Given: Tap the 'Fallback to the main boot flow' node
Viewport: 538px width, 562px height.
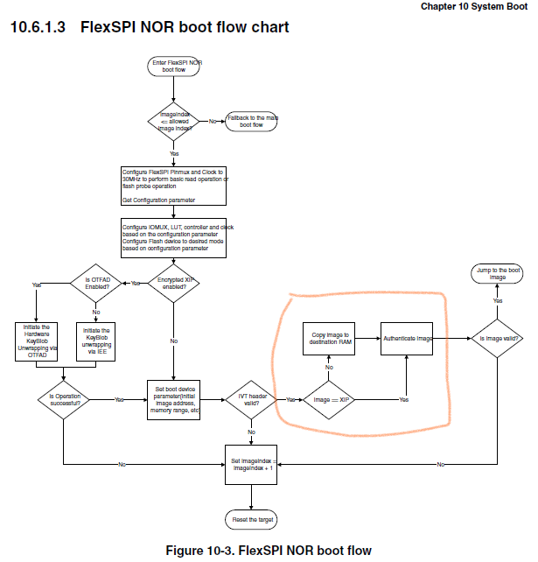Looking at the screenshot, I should click(x=252, y=121).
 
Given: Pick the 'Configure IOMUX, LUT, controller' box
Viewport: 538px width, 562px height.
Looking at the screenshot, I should click(x=174, y=237).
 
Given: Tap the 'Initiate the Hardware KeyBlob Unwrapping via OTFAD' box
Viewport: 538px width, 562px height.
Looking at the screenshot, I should click(x=36, y=341).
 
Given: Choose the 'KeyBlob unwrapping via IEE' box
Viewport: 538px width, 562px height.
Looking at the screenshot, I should click(x=96, y=341).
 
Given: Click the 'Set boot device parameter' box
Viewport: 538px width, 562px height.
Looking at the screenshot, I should click(x=174, y=399).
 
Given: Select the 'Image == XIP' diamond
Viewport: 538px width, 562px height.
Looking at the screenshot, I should click(x=331, y=399).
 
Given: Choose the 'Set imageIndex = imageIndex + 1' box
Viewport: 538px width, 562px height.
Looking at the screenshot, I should click(x=252, y=464).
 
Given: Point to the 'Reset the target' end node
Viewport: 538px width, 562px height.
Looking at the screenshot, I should click(x=252, y=520).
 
